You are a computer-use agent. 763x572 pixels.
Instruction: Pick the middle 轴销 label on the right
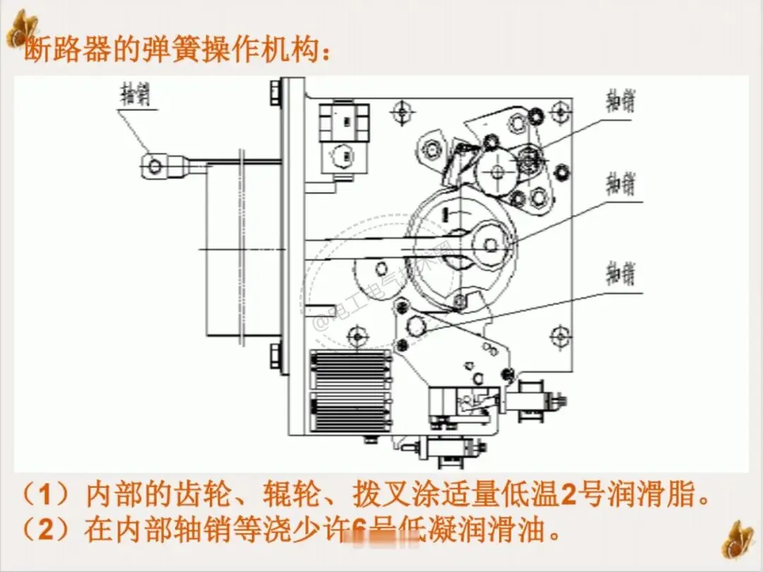(620, 185)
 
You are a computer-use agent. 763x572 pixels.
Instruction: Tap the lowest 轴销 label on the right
(620, 273)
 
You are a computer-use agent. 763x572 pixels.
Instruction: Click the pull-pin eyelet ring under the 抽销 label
(154, 166)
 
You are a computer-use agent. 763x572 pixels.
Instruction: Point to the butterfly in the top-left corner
(22, 29)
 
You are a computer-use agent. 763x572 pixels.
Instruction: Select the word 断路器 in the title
(59, 51)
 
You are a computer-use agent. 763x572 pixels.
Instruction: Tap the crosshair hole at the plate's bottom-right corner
(562, 334)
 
